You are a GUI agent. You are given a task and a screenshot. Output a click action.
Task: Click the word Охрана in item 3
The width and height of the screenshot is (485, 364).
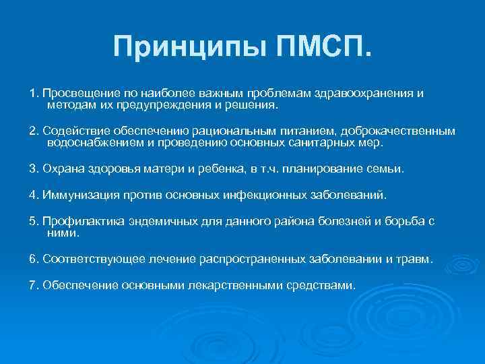click(61, 169)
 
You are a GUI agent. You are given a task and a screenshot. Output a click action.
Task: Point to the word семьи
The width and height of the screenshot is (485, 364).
click(385, 169)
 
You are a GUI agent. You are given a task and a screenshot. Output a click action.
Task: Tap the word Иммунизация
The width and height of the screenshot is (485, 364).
click(80, 195)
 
